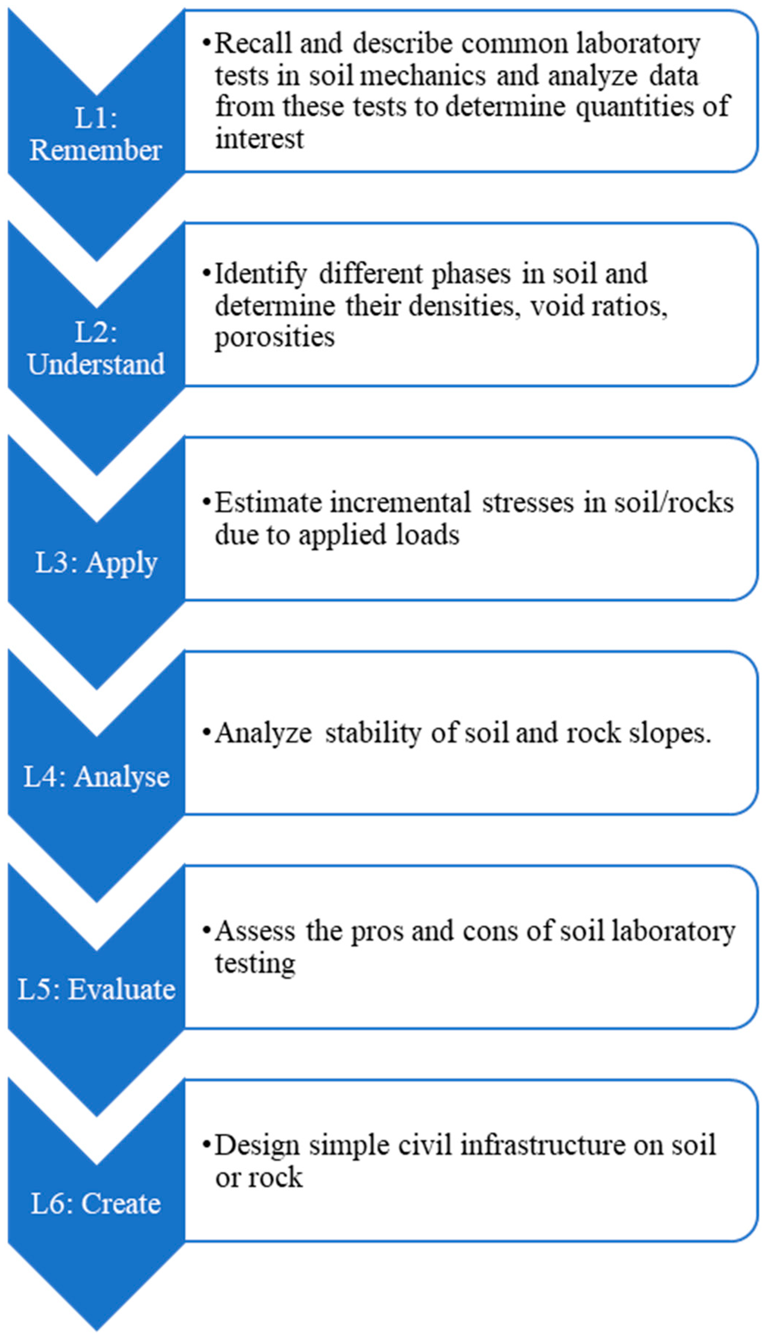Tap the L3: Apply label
pyautogui.click(x=96, y=563)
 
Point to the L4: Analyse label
pyautogui.click(x=96, y=776)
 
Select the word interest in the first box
pyautogui.click(x=259, y=139)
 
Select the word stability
pyautogui.click(x=373, y=733)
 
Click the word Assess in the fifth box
pyautogui.click(x=254, y=931)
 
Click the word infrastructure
pyautogui.click(x=542, y=1145)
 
